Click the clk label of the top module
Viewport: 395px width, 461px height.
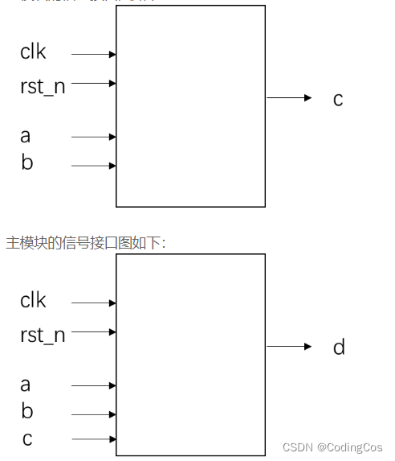(x=34, y=52)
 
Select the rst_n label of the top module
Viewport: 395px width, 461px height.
(x=43, y=86)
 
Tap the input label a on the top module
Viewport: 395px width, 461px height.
(x=26, y=136)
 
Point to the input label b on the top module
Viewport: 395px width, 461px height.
(x=27, y=163)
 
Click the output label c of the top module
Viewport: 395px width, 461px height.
(x=338, y=99)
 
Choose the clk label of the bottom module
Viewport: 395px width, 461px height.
(x=34, y=301)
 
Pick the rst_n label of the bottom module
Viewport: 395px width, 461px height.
(x=43, y=335)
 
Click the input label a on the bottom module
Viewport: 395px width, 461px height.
(x=26, y=385)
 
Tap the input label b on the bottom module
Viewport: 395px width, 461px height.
(x=27, y=412)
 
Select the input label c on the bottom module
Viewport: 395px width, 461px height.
(x=26, y=439)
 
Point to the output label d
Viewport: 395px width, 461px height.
(x=339, y=347)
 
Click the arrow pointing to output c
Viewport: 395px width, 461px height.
(x=288, y=98)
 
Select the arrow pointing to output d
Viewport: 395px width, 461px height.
(x=288, y=347)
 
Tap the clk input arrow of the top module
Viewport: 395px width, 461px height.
(x=94, y=55)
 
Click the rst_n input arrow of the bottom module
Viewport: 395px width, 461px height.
(x=94, y=331)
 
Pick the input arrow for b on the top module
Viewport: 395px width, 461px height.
(x=94, y=166)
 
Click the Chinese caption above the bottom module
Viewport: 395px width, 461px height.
(x=86, y=242)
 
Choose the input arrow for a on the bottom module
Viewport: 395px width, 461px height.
(x=94, y=385)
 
